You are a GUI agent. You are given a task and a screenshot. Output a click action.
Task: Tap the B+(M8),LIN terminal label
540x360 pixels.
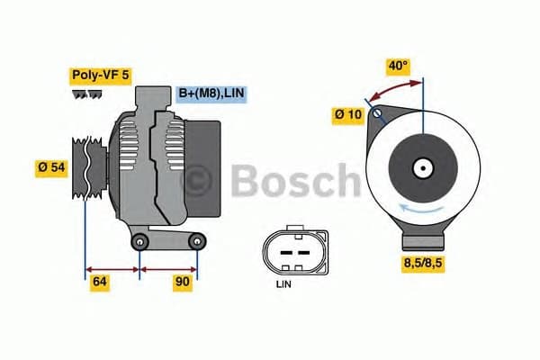click(x=211, y=93)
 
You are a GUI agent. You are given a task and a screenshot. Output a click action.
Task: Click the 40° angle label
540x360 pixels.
click(x=398, y=66)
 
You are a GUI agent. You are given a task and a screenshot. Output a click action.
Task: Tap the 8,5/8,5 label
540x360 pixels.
click(x=424, y=263)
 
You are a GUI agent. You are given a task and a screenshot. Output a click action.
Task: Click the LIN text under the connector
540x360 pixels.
click(x=284, y=284)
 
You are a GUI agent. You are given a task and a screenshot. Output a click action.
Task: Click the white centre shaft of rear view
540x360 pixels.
click(x=422, y=167)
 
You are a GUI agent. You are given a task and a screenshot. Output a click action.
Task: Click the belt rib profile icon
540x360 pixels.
click(x=86, y=94)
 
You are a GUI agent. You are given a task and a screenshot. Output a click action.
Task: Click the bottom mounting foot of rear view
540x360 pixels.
click(x=423, y=239)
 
